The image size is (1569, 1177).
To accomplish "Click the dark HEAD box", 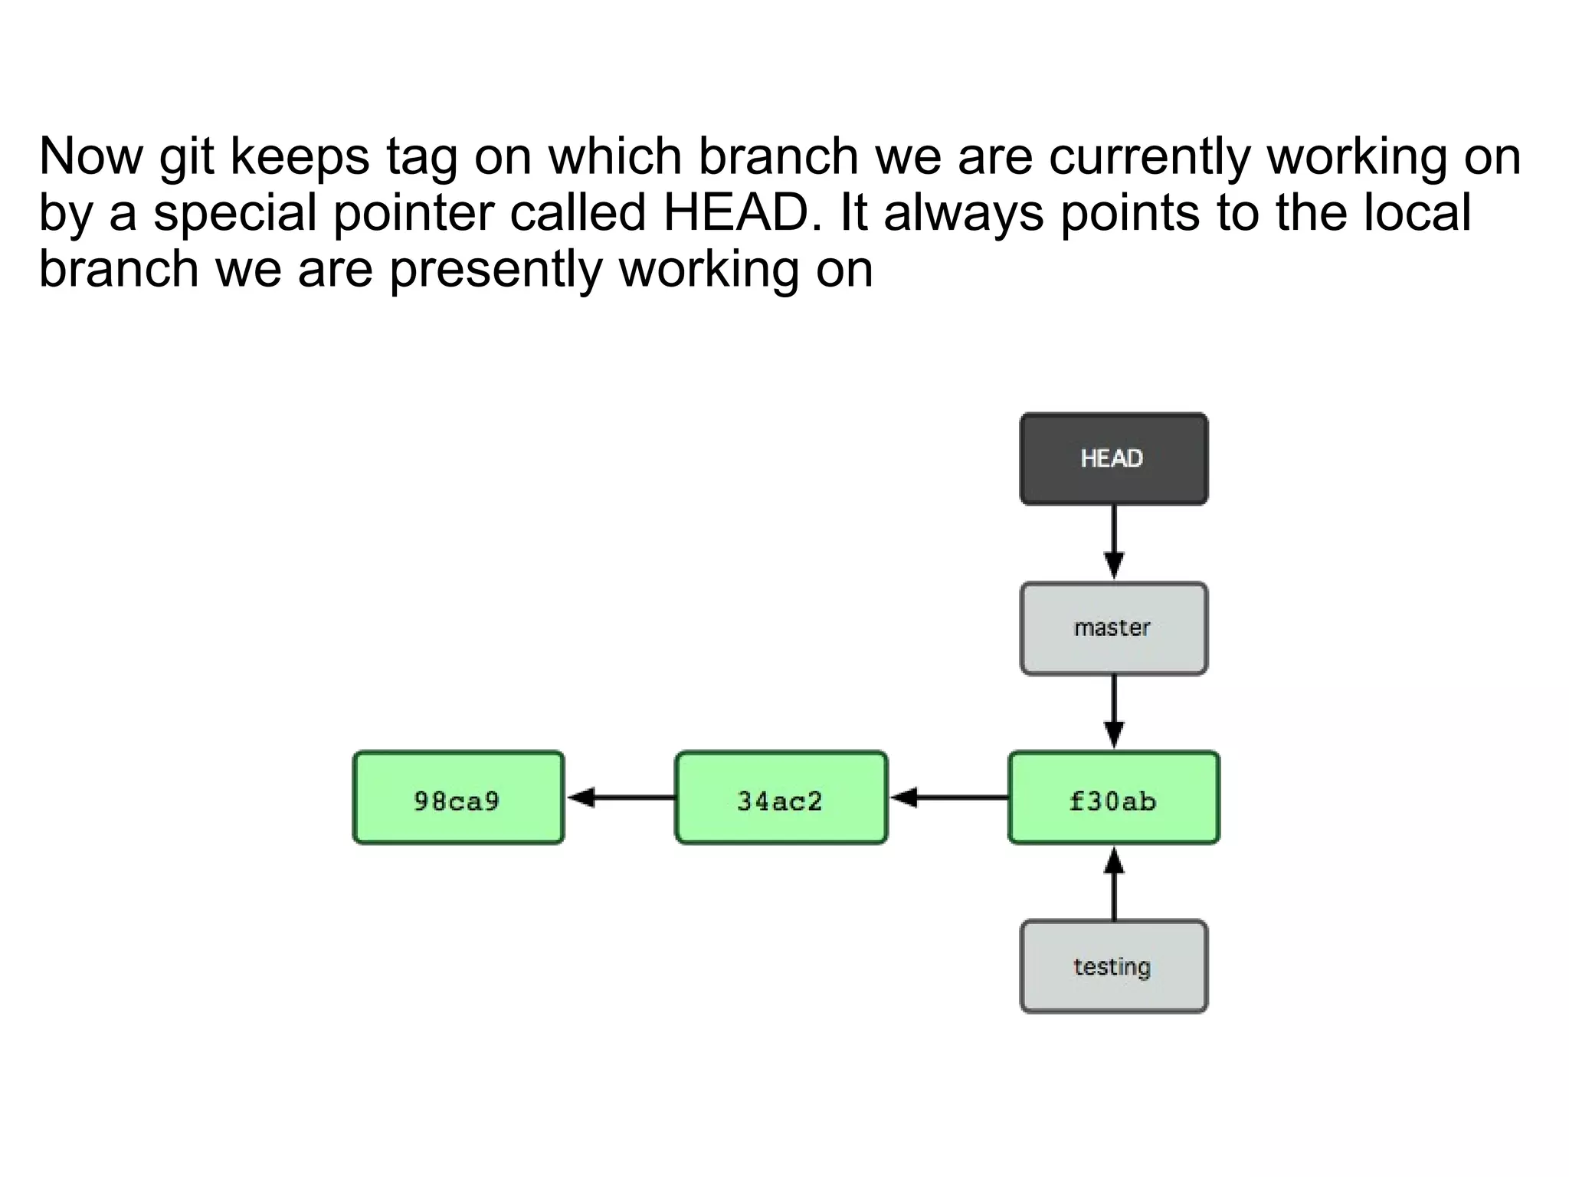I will (1113, 459).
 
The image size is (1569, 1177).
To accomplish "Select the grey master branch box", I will (1113, 628).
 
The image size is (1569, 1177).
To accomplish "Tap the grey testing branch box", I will (1113, 966).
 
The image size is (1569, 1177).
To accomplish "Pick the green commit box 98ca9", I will (458, 798).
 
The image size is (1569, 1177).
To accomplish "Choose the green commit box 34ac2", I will (781, 798).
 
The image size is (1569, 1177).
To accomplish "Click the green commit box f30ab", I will (1113, 798).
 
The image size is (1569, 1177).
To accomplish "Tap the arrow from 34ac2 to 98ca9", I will (621, 798).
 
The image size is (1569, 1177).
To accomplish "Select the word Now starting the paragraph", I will (90, 156).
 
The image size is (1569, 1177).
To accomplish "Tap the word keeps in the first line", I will (300, 158).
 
